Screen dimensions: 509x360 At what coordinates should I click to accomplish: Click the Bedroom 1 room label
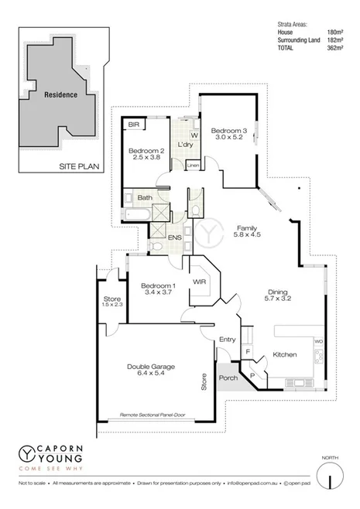(x=159, y=286)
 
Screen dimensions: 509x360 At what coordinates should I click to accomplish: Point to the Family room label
(x=247, y=227)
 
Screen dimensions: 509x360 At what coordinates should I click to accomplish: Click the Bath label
(x=145, y=198)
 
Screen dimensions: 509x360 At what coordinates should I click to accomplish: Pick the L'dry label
(x=184, y=145)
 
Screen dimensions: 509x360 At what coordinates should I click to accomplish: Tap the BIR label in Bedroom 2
(x=133, y=124)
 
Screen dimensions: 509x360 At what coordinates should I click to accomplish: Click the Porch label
(x=228, y=377)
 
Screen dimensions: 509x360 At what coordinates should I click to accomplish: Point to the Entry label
(x=227, y=339)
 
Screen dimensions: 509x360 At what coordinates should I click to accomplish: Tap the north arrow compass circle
(x=331, y=473)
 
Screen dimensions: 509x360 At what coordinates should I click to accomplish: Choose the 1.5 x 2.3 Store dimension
(x=113, y=305)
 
